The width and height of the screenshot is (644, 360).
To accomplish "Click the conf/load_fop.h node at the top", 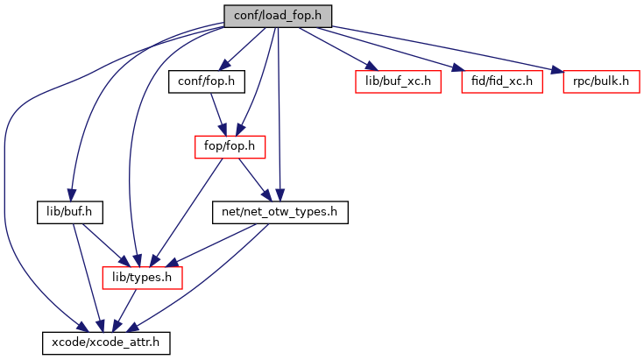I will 278,15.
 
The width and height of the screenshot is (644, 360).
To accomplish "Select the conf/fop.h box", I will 206,81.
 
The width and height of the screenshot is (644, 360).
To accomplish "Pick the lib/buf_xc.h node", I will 396,81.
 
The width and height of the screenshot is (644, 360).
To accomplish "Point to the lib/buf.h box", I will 71,211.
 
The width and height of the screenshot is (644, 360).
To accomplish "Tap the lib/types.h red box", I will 143,277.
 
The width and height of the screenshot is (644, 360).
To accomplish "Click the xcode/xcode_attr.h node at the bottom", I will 106,342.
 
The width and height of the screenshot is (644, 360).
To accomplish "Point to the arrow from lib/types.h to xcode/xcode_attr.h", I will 125,309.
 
